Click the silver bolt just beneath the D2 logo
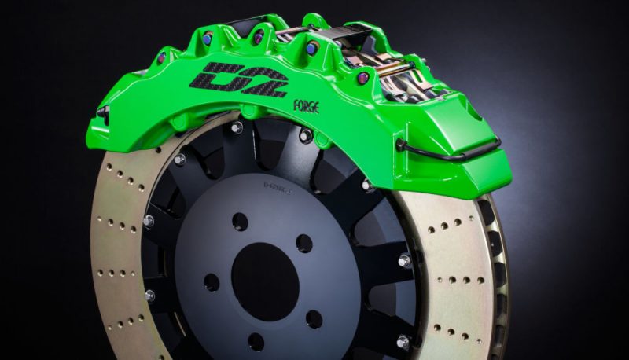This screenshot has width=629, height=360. click(236, 127)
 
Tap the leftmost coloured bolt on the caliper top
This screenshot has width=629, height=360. click(161, 57)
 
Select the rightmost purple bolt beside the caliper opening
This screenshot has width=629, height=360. click(362, 77)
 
